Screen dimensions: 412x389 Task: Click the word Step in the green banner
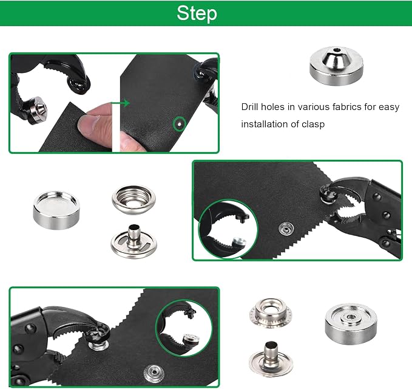197,13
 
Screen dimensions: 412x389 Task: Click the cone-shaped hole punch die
336,66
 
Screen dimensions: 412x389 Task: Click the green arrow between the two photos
121,103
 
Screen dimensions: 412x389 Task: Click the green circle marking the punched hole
179,124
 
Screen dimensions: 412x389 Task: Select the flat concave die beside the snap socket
56,210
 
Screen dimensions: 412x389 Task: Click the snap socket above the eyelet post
133,199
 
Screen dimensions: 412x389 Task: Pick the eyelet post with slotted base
133,242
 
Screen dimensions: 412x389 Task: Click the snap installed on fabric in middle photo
286,229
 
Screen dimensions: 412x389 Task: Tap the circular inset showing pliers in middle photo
228,229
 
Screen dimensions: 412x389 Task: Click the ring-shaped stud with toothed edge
271,312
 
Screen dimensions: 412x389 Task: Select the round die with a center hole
351,324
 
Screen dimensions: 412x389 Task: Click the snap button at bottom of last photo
154,373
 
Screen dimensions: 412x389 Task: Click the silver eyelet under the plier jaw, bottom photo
98,345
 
